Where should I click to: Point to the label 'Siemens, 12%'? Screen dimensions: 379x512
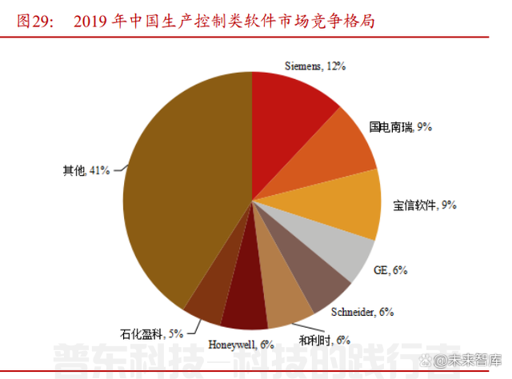(315, 67)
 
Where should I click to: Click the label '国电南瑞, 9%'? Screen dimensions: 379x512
(400, 126)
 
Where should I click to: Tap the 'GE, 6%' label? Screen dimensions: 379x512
(391, 271)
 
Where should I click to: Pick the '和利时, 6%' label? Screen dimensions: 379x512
(326, 340)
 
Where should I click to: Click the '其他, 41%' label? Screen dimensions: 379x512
(86, 170)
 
